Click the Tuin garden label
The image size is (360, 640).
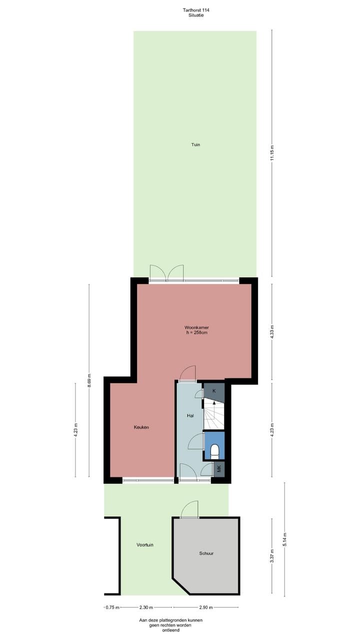pos(195,144)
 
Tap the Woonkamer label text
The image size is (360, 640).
pos(196,327)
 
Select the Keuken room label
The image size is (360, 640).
pos(141,427)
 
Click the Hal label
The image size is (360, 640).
pos(190,415)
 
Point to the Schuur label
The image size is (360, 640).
pos(206,553)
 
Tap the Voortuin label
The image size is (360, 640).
pos(145,544)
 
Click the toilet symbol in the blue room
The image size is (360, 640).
pos(214,451)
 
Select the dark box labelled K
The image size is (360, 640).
pos(214,390)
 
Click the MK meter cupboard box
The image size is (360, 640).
pos(218,469)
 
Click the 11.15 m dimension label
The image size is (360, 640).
pos(272,152)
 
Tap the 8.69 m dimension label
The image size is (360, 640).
pos(89,380)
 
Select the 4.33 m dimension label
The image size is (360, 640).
pos(272,331)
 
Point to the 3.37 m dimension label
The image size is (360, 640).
pos(272,556)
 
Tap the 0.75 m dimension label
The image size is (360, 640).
pos(112,607)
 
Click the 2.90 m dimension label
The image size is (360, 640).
pos(206,607)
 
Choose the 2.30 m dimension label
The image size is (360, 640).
pos(146,607)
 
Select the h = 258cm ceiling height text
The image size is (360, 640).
pos(196,333)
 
